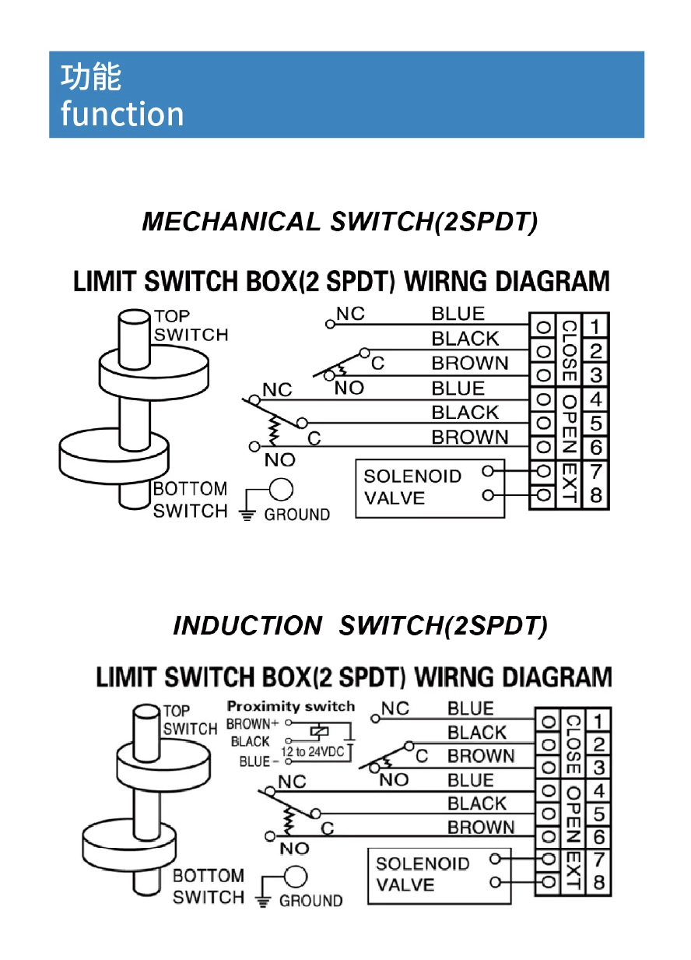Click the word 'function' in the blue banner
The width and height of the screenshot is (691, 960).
[x=122, y=114]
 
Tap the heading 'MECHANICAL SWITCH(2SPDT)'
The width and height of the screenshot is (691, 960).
[x=340, y=222]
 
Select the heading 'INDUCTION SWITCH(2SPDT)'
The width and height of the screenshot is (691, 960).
[x=360, y=625]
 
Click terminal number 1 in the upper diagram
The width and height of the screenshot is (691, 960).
[x=595, y=325]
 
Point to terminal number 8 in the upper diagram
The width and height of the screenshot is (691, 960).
[x=595, y=495]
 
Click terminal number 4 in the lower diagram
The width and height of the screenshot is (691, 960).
[x=598, y=791]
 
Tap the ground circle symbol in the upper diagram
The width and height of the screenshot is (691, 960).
[x=281, y=490]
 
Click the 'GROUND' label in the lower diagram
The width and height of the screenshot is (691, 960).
[x=310, y=901]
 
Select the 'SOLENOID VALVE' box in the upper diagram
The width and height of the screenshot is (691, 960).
[x=430, y=487]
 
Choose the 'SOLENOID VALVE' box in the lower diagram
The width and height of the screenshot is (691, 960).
[x=439, y=875]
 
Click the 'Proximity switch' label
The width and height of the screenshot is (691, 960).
[x=290, y=707]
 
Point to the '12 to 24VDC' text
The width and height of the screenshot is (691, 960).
[x=312, y=752]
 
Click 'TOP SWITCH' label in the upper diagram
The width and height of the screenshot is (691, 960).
[x=191, y=325]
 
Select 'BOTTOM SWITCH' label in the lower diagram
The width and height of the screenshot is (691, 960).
[x=208, y=886]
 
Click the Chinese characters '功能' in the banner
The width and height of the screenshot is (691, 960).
[x=91, y=77]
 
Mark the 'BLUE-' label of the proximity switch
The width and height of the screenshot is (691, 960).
[x=254, y=762]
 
